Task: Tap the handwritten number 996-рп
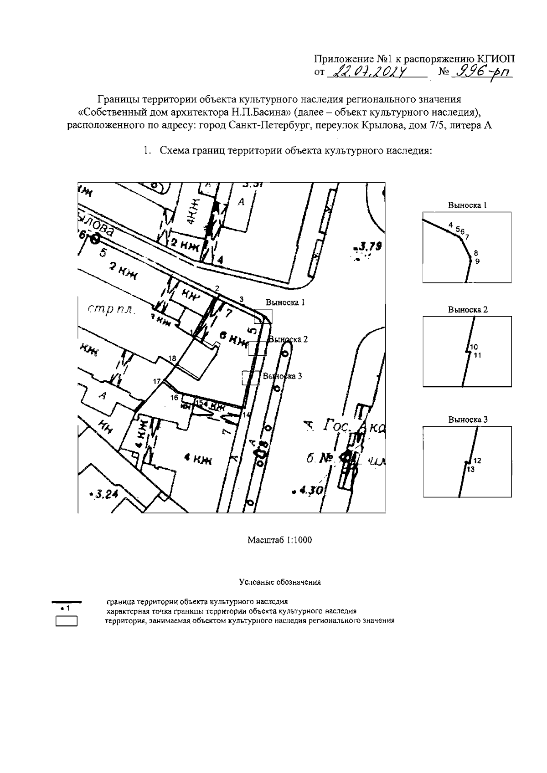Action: click(x=480, y=72)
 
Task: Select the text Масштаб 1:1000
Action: click(x=279, y=540)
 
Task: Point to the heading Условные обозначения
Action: click(x=279, y=582)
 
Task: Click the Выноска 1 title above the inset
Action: click(x=468, y=205)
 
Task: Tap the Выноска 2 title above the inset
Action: click(x=468, y=310)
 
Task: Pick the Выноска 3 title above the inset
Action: click(x=468, y=420)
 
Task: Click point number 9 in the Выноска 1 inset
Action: click(x=477, y=261)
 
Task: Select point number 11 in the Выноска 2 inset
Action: click(x=478, y=356)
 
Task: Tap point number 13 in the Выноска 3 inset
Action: click(x=471, y=469)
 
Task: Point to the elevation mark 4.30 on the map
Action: click(x=310, y=491)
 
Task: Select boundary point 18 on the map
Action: click(x=172, y=359)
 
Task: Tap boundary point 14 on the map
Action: click(x=247, y=415)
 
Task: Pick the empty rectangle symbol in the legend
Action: click(x=67, y=621)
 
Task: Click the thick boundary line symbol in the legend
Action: click(x=67, y=602)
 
